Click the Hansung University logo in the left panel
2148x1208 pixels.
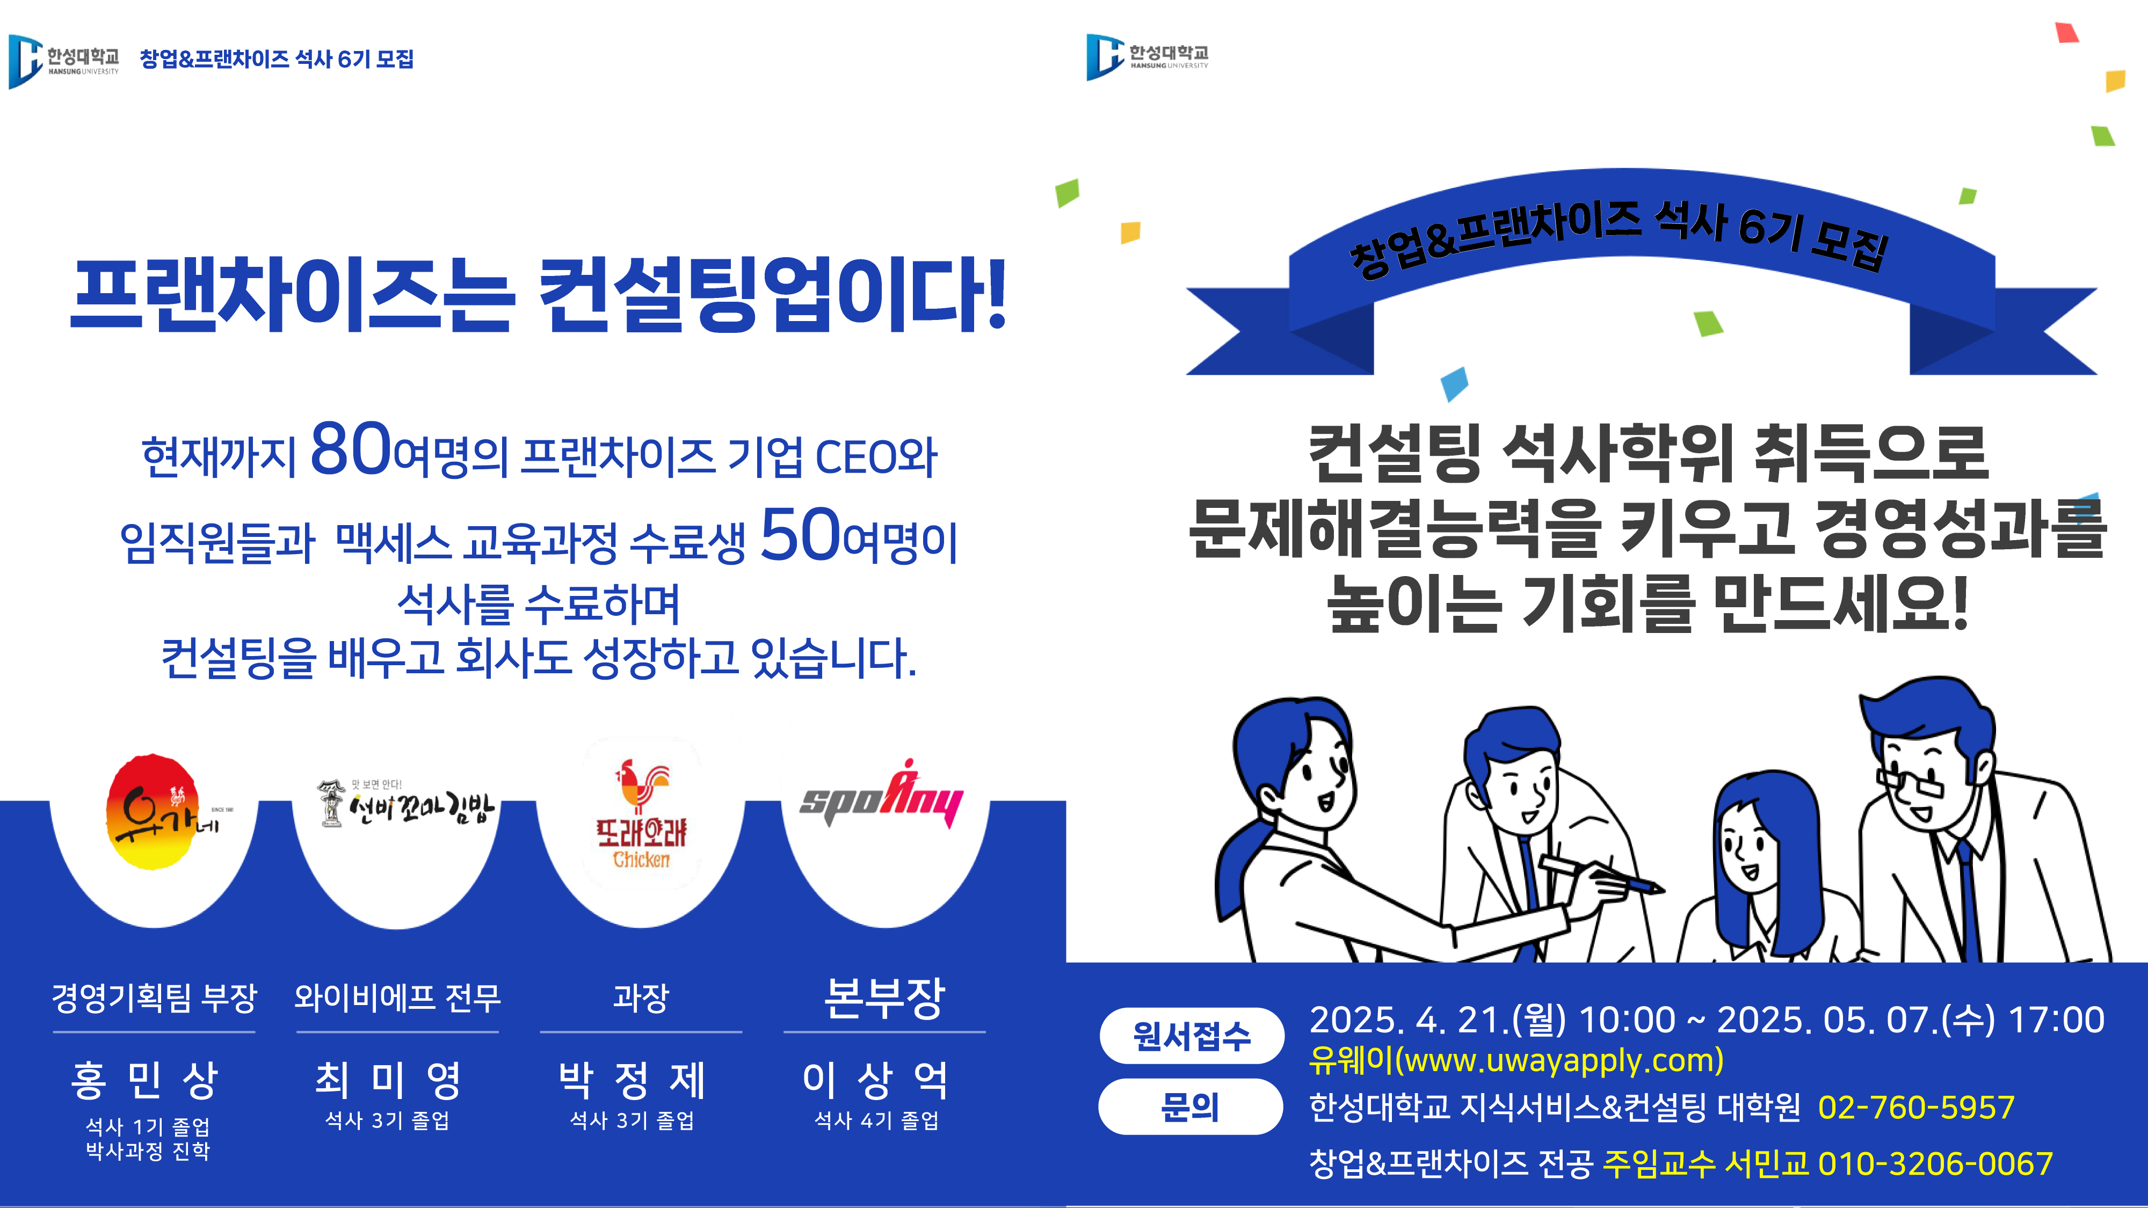(63, 60)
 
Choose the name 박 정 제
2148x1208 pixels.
(632, 1080)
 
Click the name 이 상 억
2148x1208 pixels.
(875, 1080)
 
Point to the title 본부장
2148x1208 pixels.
(884, 997)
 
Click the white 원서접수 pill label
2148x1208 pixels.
(1192, 1036)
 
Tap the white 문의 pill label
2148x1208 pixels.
(1190, 1107)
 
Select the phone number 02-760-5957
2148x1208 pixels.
(1916, 1107)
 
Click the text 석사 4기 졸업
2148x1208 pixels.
(876, 1120)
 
